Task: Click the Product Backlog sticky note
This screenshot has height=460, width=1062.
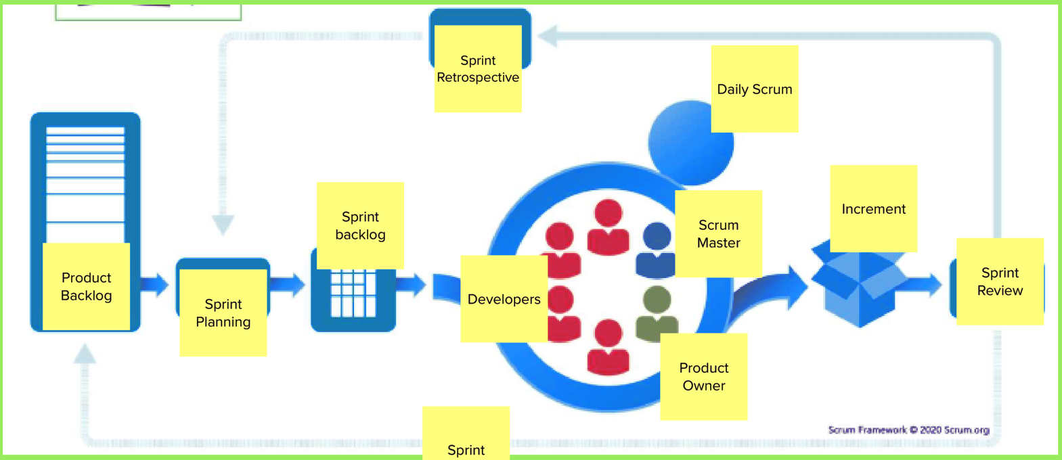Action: point(86,286)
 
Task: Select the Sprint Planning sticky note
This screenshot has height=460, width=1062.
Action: point(223,313)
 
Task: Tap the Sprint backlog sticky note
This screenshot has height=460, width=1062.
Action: point(360,225)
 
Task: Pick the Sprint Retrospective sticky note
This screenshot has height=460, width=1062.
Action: point(478,68)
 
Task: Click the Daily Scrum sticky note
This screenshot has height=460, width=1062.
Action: point(754,89)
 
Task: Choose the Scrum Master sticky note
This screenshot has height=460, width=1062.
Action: point(718,233)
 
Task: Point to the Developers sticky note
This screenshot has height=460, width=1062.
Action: point(504,298)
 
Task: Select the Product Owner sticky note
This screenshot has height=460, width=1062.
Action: point(703,376)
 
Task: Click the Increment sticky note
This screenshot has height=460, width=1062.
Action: point(873,208)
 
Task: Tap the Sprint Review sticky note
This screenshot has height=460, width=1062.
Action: point(1000,281)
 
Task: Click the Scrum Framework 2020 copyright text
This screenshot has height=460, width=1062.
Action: point(908,430)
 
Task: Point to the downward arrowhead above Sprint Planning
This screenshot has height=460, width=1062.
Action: point(223,224)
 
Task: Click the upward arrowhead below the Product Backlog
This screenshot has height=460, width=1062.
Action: point(85,354)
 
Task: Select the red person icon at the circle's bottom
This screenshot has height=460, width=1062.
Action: point(608,346)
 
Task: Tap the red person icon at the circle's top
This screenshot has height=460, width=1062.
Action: point(608,227)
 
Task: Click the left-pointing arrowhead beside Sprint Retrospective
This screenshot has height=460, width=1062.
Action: point(548,36)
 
